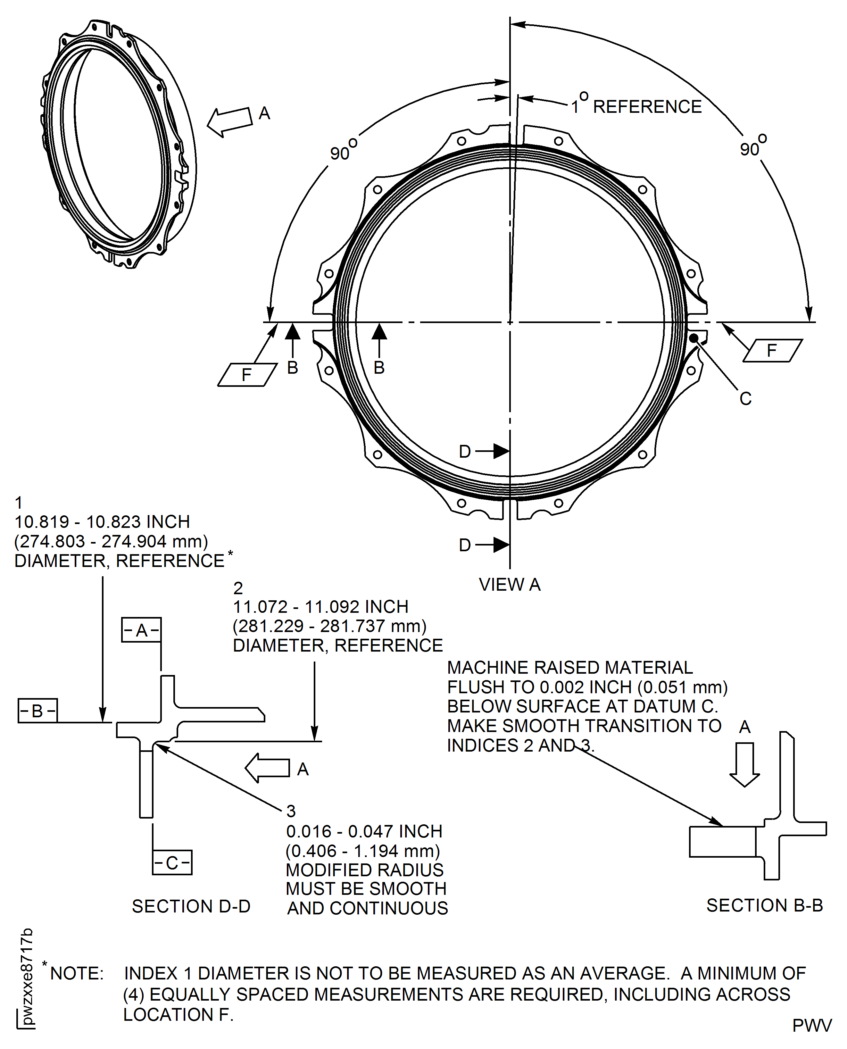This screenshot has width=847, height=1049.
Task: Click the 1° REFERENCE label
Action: [637, 106]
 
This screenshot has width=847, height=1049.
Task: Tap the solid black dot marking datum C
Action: [693, 337]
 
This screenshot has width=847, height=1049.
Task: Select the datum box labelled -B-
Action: [37, 711]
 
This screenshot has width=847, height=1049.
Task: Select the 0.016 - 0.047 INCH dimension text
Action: [364, 831]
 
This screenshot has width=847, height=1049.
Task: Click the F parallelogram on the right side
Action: [772, 350]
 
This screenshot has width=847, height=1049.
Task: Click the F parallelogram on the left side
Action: [247, 375]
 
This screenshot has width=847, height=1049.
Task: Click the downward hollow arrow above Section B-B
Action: [744, 764]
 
